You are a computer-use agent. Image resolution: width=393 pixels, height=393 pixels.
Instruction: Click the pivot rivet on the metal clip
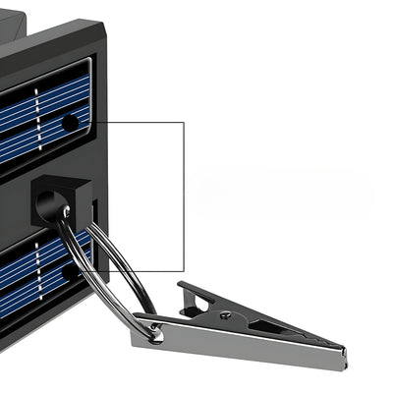(225, 315)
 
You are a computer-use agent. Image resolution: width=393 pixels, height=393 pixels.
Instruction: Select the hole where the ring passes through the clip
(149, 331)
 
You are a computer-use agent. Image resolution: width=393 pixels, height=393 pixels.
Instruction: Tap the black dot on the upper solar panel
(70, 123)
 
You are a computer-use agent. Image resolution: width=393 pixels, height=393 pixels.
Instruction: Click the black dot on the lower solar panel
(68, 271)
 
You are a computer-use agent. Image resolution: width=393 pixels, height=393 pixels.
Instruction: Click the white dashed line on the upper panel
(37, 118)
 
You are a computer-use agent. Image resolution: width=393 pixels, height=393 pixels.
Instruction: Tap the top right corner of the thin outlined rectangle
(184, 122)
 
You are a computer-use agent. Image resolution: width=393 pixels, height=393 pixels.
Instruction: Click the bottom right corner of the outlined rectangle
(184, 271)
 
